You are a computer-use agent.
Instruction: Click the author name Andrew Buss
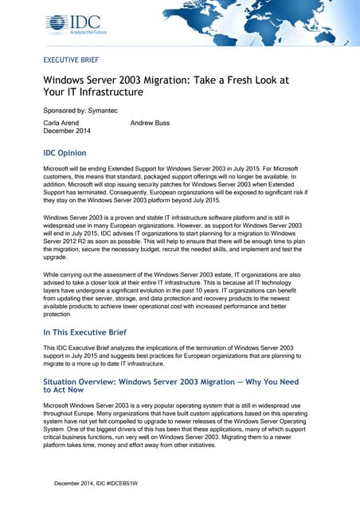(150, 123)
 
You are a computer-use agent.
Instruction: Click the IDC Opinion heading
(70, 152)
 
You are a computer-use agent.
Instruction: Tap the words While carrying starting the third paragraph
(63, 273)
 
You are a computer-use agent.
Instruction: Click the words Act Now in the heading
(65, 391)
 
